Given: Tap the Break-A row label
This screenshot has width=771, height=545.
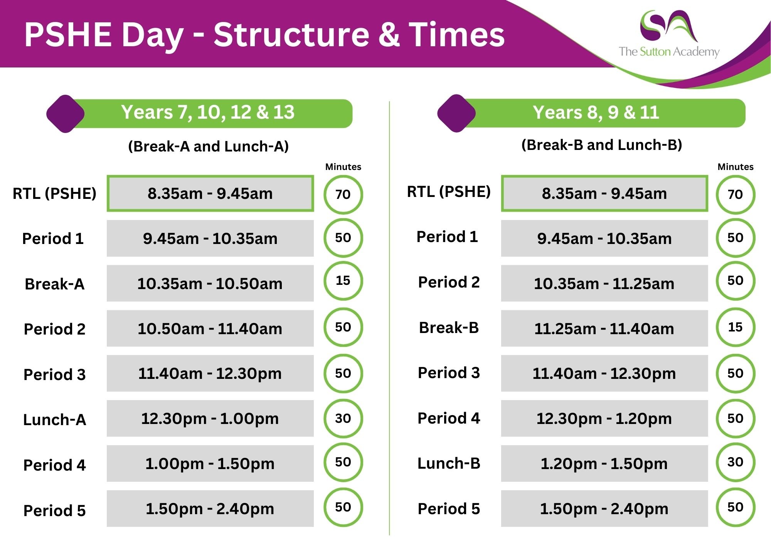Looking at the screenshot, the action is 54,284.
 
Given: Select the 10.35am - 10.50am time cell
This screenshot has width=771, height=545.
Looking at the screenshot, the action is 210,283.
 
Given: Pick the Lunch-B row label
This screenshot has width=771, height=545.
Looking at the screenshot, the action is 449,463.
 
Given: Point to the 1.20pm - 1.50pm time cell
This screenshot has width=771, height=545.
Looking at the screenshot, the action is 604,463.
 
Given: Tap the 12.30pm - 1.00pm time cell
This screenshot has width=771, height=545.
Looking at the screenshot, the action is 210,418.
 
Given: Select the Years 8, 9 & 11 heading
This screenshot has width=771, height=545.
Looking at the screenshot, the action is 596,113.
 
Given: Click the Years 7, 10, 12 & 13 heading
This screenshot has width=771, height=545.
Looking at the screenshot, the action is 208,112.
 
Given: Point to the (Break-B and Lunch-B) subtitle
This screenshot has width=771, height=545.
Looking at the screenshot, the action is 602,145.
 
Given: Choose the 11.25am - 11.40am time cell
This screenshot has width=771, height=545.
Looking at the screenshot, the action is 604,328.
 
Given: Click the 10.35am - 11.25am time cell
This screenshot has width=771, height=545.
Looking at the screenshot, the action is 604,283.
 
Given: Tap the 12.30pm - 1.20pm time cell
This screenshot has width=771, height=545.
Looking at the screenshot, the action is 604,418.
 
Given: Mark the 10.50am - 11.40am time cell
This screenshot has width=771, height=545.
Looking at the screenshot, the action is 210,328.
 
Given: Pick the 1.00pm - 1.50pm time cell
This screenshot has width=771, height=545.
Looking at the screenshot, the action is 210,463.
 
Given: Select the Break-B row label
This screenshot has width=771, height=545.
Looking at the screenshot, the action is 449,328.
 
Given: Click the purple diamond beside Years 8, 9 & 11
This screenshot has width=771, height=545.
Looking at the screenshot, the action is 456,113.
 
